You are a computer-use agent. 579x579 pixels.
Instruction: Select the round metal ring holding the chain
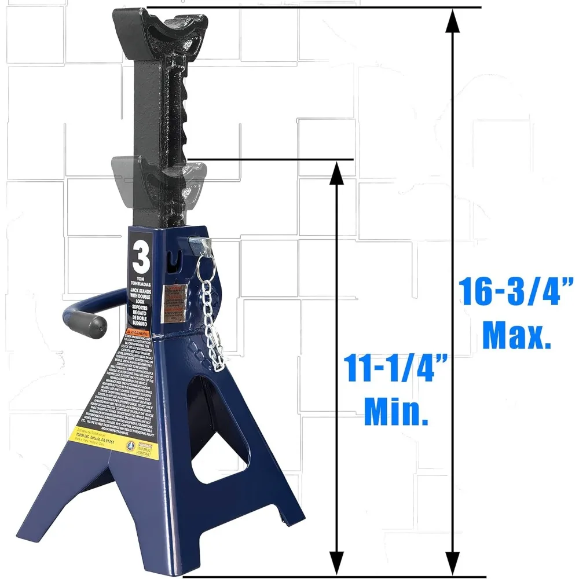(205, 267)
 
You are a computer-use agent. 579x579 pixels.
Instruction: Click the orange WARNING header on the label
(138, 335)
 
